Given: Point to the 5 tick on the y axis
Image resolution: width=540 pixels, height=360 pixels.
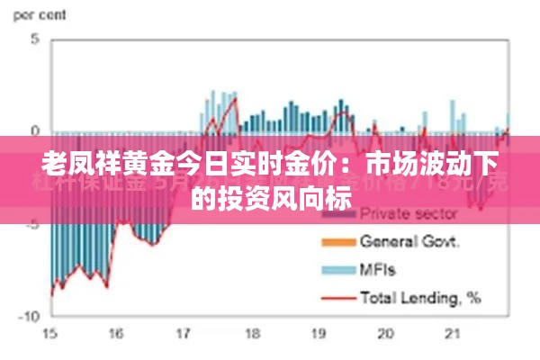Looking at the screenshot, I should click(34, 39).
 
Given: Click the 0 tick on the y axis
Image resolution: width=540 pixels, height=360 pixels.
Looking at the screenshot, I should click(34, 130).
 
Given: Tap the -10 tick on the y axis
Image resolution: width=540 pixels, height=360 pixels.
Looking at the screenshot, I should click(29, 317).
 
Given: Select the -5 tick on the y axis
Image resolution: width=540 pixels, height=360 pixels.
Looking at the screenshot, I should click(32, 224).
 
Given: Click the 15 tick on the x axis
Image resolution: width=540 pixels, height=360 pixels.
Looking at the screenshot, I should click(49, 334).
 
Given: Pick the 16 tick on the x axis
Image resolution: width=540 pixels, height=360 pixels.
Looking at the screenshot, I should click(116, 334).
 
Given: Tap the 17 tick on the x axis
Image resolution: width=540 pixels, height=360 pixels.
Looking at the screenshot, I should click(184, 334).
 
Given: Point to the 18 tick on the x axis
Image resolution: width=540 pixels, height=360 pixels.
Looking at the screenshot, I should click(250, 334).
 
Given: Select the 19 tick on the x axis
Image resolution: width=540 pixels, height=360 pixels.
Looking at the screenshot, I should click(318, 334).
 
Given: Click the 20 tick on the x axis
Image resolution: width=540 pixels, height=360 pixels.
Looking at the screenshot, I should click(385, 334).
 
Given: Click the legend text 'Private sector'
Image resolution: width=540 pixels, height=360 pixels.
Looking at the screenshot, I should click(408, 214).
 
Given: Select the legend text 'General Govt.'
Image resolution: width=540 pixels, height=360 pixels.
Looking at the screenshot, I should click(410, 241).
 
